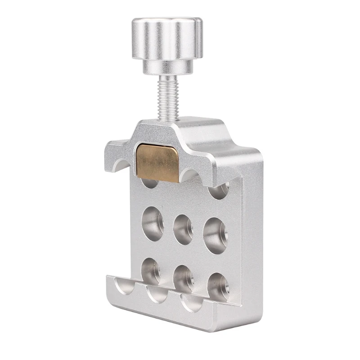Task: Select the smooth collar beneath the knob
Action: point(167,67)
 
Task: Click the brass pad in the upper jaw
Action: point(157,162)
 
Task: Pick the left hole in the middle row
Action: point(153,223)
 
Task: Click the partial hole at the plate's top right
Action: point(219,191)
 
